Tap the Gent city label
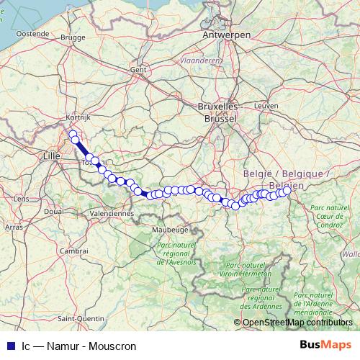click(138, 70)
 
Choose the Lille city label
click(53, 155)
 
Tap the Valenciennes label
click(114, 214)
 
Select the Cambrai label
click(73, 251)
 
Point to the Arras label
click(14, 227)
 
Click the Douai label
click(53, 212)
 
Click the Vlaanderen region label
click(201, 61)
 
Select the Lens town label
click(22, 198)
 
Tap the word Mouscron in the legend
click(114, 346)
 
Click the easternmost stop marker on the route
click(286, 190)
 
